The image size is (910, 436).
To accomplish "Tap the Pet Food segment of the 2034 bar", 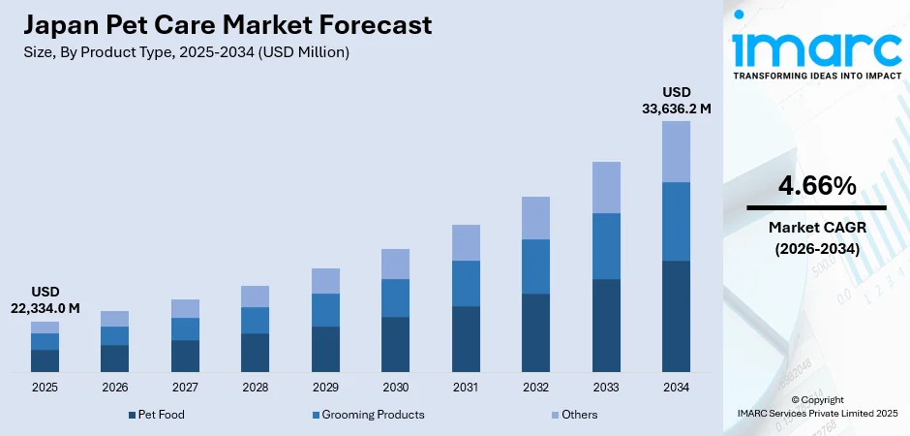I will (676, 316).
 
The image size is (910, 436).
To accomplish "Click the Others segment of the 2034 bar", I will (676, 151).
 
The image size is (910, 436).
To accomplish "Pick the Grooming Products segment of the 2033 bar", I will (606, 246).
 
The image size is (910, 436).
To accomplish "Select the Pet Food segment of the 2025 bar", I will (45, 360).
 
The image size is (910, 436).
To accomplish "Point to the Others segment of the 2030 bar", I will (395, 264).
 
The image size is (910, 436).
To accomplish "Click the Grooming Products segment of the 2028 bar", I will (255, 320).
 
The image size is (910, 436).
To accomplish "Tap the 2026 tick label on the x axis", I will (114, 388).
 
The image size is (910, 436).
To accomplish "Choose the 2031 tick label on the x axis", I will (466, 388).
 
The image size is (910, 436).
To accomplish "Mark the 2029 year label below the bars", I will (325, 388).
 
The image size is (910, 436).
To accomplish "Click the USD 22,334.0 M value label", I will (45, 299).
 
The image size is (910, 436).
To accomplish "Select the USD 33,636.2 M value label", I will (676, 101).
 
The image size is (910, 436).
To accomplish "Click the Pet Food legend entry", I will (157, 415).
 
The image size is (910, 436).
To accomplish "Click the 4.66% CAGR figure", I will (816, 186).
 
